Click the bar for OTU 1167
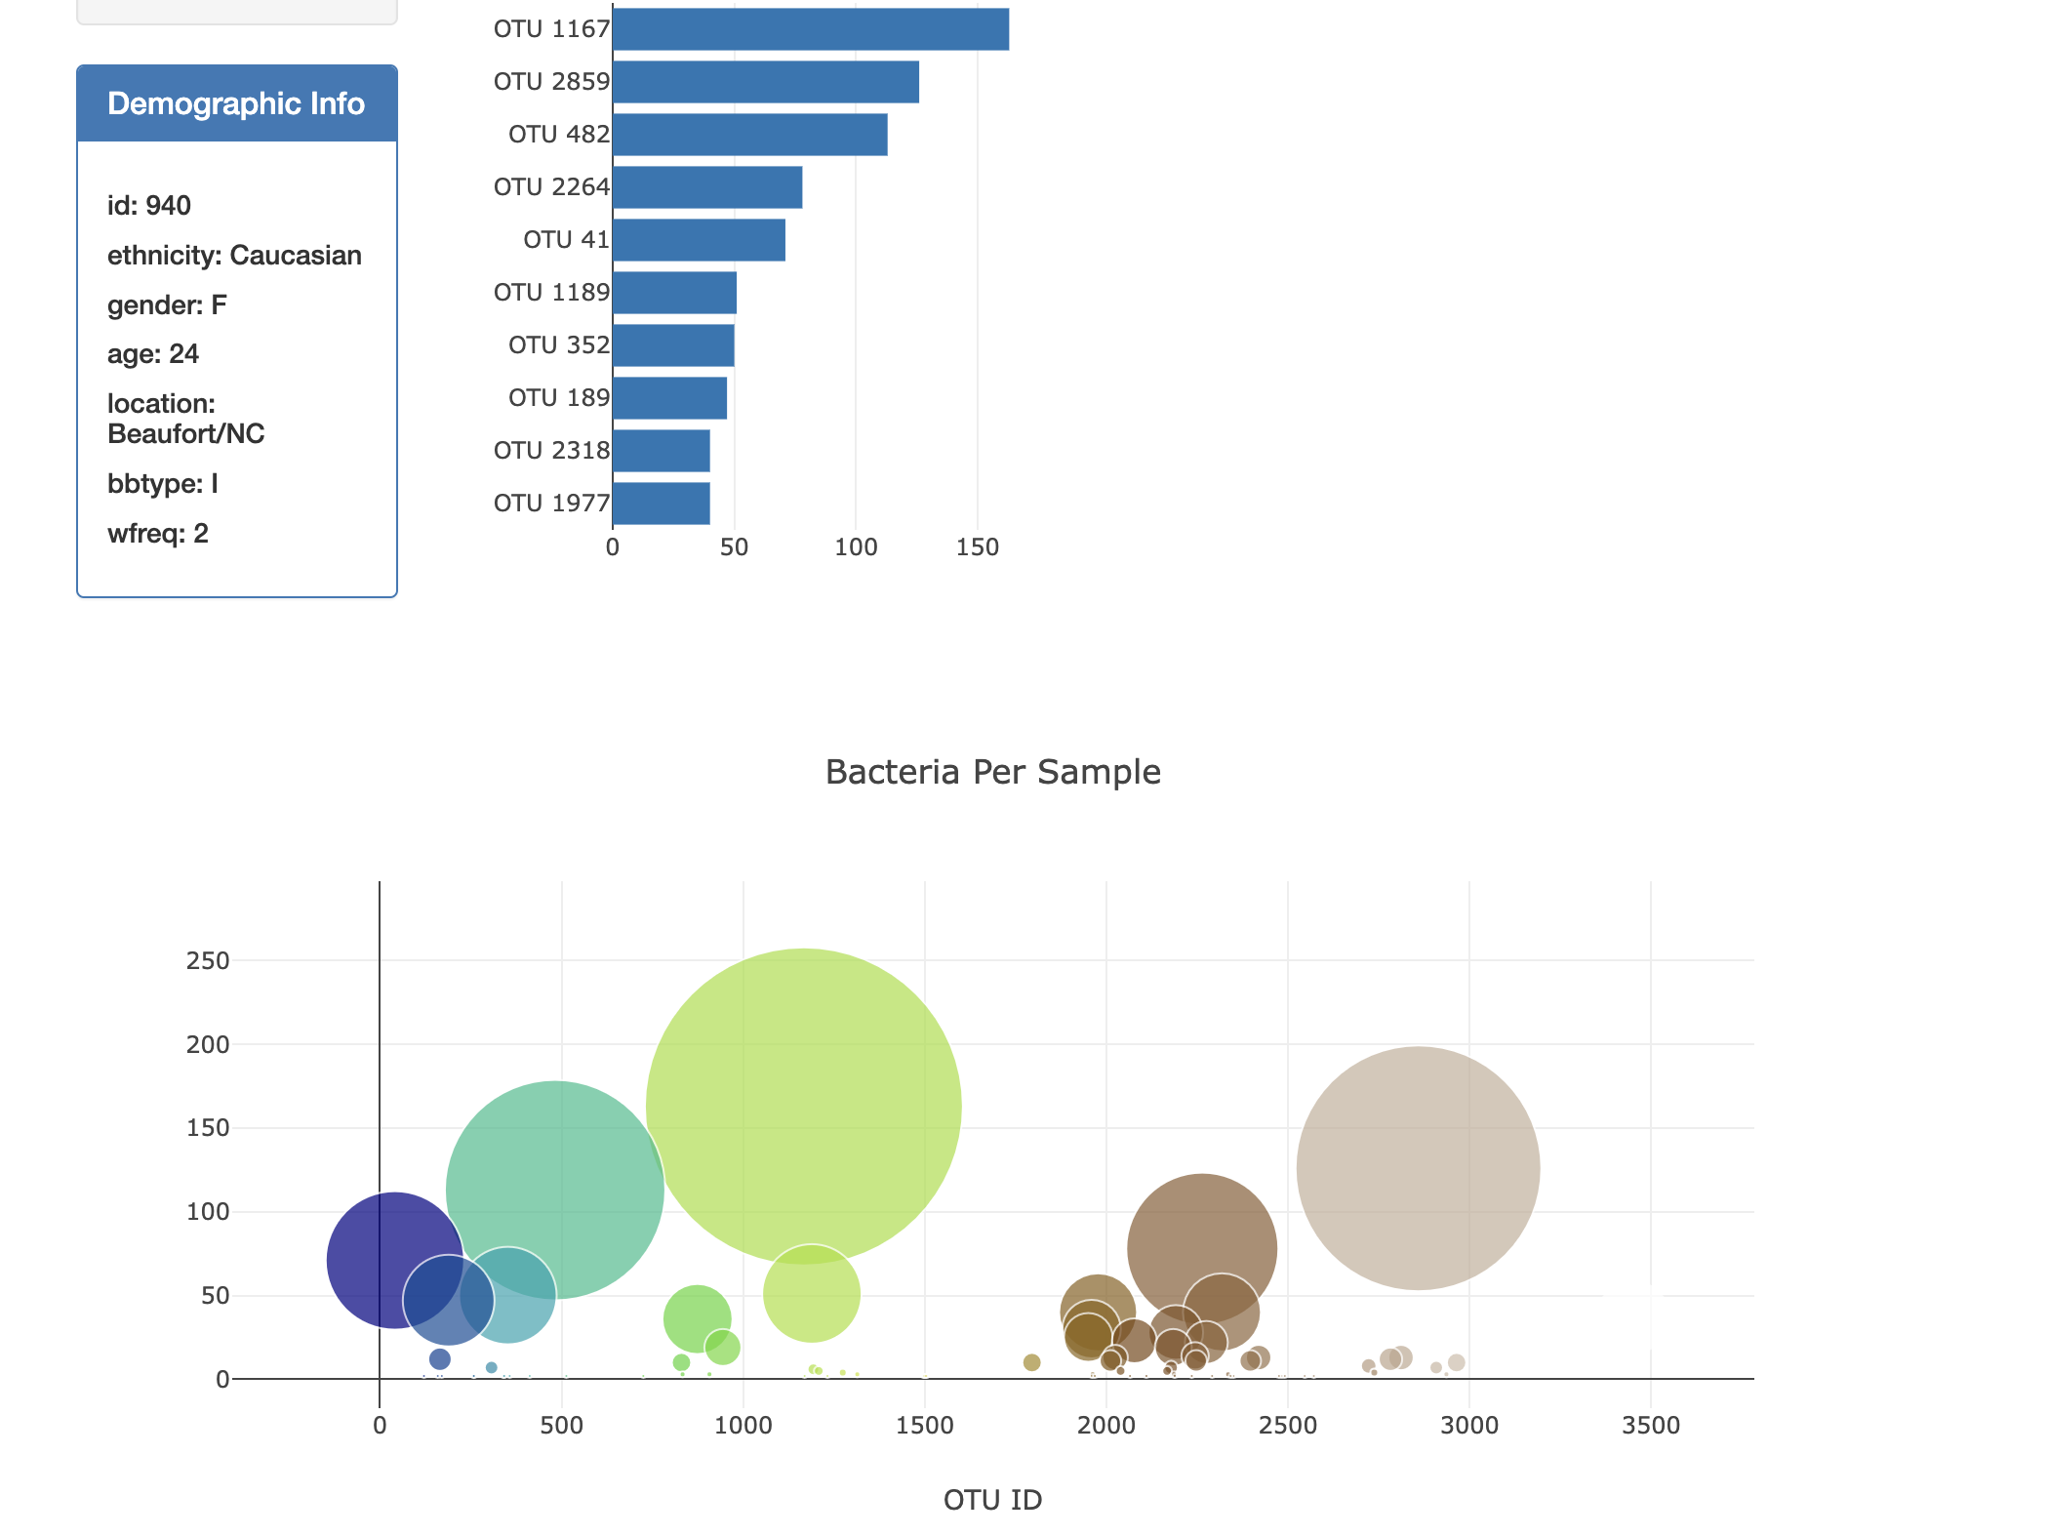pos(810,29)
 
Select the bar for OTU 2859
pos(766,82)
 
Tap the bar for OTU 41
pos(699,240)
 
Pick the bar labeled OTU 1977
pos(662,504)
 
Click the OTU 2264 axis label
pos(551,187)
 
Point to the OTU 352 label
pos(558,345)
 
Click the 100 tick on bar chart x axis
pos(856,547)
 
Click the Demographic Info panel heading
pos(236,103)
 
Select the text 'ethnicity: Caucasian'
pos(234,256)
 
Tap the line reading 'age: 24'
pos(153,354)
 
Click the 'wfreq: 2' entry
pos(158,534)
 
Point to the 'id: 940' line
pos(149,206)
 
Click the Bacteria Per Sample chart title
pos(992,772)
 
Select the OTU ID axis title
pos(992,1500)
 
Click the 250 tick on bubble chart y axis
pos(208,961)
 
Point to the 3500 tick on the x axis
pos(1650,1426)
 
